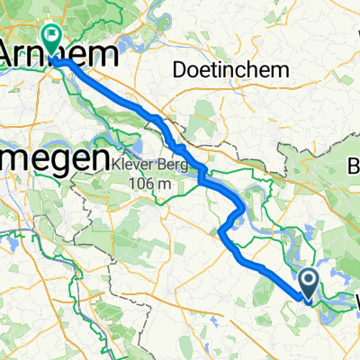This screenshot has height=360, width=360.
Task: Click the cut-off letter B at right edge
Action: [354, 165]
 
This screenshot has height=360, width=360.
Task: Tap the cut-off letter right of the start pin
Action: [355, 301]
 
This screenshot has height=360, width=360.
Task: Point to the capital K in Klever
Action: [120, 166]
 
